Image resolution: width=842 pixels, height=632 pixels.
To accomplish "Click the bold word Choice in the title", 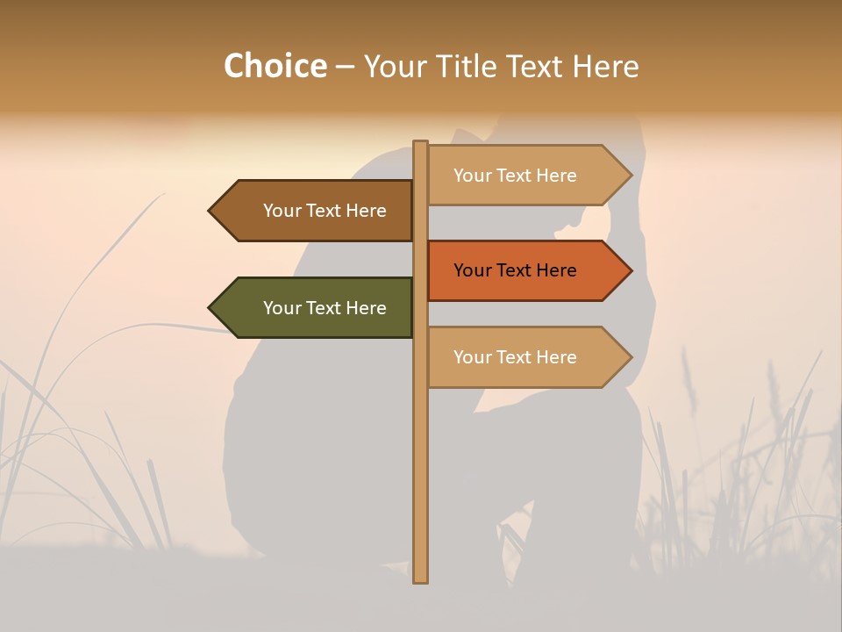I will point(275,67).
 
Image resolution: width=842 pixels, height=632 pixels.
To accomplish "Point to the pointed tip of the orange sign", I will point(630,270).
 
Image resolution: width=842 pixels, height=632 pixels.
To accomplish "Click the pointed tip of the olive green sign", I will point(210,307).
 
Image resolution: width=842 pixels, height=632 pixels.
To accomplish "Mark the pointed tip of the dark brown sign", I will point(210,211).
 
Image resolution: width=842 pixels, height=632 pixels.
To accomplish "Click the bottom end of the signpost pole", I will point(420,578).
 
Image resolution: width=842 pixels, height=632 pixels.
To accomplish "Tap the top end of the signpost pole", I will point(420,144).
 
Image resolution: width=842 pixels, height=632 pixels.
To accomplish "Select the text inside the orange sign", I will point(515,270).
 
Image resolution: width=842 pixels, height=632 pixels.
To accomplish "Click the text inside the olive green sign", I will point(325,308).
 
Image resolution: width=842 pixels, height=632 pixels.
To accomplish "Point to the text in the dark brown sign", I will point(325,211).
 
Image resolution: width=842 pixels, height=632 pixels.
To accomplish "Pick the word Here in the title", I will point(605,67).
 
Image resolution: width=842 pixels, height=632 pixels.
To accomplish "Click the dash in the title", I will point(345,68).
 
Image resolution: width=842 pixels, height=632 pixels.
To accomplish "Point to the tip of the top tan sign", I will point(630,175).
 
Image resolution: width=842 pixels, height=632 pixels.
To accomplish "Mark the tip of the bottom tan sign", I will point(630,356).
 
